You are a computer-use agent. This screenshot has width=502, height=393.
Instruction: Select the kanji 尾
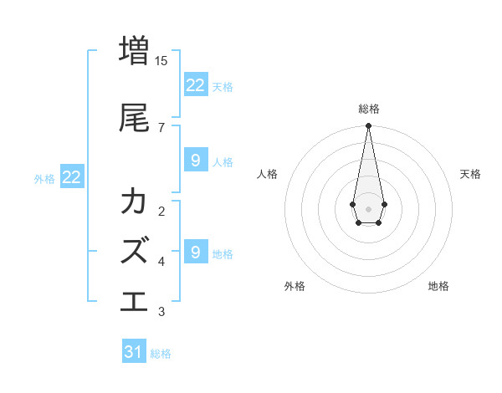click(x=134, y=118)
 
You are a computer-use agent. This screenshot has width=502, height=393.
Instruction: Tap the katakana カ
click(x=134, y=202)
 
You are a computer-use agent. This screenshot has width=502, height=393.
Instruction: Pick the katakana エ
click(x=134, y=299)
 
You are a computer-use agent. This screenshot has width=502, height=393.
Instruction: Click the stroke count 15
click(x=161, y=61)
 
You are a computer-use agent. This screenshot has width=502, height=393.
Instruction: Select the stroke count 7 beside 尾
click(x=161, y=128)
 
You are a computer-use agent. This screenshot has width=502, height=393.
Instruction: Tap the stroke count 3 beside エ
click(x=161, y=312)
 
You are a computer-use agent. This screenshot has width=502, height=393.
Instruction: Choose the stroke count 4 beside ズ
click(x=161, y=262)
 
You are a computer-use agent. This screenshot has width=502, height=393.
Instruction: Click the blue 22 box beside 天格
click(x=195, y=84)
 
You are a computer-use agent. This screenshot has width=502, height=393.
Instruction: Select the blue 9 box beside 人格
click(x=195, y=161)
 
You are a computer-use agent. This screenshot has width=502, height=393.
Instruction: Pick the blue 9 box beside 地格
click(x=195, y=252)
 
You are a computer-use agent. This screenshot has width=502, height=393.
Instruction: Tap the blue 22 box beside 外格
click(x=72, y=177)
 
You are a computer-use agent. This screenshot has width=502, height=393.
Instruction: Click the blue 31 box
click(x=134, y=352)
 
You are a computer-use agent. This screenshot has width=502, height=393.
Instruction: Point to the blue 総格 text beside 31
click(x=161, y=354)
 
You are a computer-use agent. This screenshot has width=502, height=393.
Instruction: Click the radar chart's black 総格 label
click(x=368, y=109)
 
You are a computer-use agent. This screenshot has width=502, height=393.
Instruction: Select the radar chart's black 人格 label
click(x=268, y=174)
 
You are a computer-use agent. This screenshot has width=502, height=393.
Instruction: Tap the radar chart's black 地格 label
click(x=438, y=286)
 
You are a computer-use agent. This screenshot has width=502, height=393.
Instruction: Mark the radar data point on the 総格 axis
click(x=368, y=126)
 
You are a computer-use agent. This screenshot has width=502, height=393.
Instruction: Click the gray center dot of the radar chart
click(x=368, y=207)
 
